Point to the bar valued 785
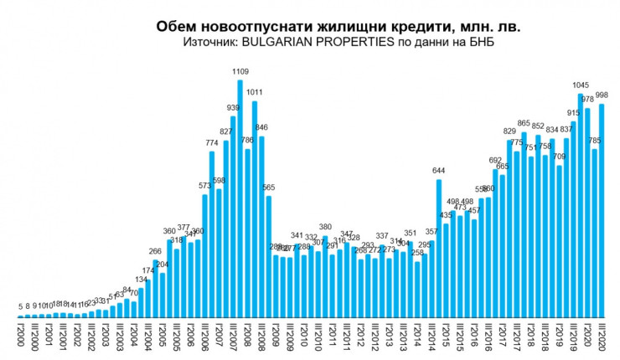pos(594,234)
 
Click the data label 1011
pos(255,93)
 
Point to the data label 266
pos(156,251)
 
